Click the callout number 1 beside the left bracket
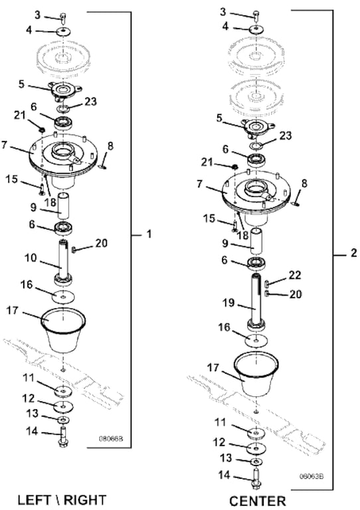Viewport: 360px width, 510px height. point(149,234)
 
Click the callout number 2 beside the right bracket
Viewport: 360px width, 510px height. point(354,253)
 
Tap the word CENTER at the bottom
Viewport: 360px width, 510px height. point(258,501)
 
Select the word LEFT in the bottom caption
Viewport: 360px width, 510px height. point(34,500)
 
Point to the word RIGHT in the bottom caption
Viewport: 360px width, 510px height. point(85,500)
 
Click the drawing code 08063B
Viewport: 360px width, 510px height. point(312,476)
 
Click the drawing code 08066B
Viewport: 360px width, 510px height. point(111,438)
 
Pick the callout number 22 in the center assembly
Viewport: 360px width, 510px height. point(295,275)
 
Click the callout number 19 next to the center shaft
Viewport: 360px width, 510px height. point(228,303)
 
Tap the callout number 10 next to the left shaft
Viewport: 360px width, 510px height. point(31,258)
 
